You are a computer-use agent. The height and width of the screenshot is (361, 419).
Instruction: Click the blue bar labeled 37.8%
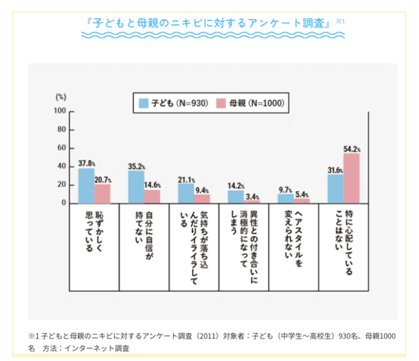coord(87,185)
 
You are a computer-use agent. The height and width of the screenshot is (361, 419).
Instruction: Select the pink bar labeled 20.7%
coord(103,193)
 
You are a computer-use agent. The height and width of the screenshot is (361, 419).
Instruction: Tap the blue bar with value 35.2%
coord(136,187)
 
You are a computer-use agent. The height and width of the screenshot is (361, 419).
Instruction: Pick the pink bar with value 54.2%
coord(351,178)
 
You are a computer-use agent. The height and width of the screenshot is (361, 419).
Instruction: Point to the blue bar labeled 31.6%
coord(335,189)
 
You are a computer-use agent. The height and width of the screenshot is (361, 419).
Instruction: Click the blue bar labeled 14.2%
coord(235,197)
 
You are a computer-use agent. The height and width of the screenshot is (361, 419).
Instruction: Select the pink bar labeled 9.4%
coord(202,199)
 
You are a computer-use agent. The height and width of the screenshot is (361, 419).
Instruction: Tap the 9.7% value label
coord(285,190)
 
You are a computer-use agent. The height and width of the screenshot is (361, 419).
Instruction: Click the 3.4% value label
coord(252,197)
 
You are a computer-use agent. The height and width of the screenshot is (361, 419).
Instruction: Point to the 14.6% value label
coord(154,185)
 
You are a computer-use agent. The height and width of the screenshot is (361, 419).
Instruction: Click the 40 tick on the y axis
coord(61,167)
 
